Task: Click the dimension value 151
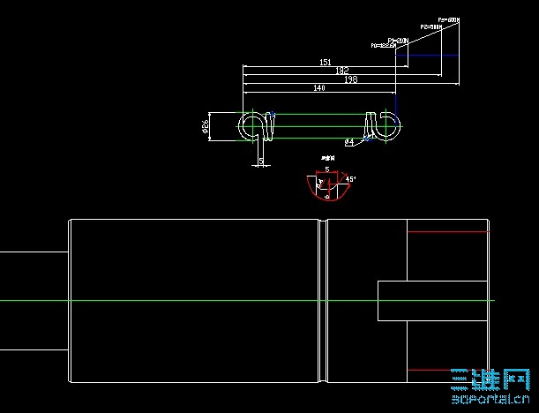325,63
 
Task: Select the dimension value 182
342,71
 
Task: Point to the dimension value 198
351,79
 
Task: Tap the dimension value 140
319,89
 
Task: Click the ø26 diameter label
206,127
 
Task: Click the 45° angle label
350,179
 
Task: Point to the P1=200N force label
398,41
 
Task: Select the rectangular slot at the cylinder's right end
432,300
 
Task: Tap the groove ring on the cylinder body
323,301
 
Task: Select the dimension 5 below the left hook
261,161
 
